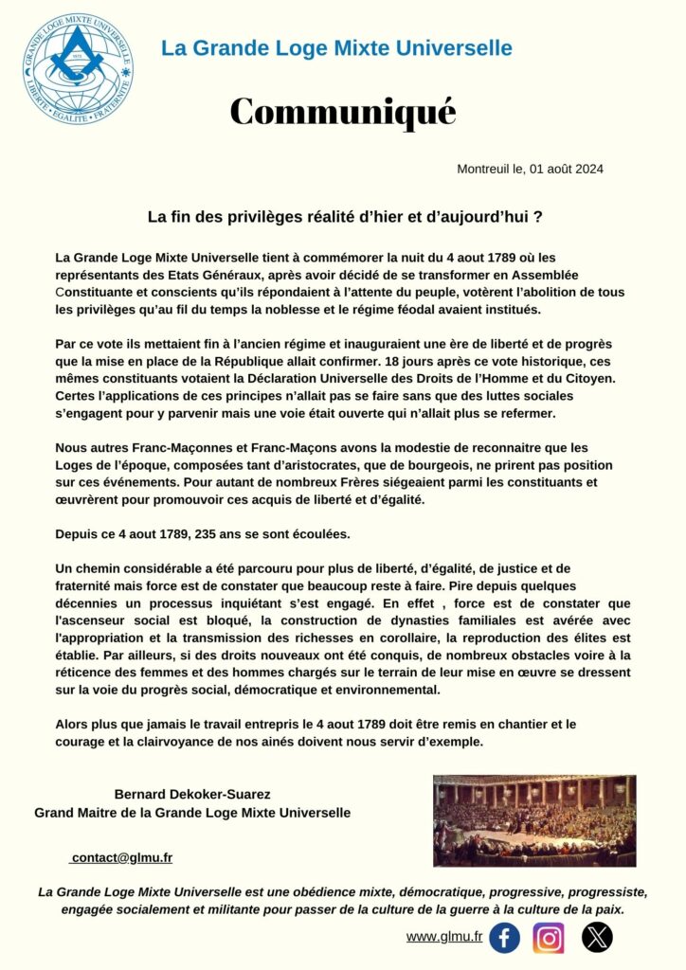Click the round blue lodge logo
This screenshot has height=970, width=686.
point(78,69)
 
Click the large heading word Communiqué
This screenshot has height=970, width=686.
point(343,112)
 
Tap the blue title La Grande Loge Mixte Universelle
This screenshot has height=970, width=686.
point(336,48)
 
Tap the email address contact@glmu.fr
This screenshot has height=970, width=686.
point(121,858)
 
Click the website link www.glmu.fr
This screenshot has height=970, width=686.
point(444,937)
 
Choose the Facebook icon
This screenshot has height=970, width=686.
point(504,938)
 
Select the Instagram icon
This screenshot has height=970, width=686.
point(549,938)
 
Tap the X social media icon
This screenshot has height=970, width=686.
point(597,938)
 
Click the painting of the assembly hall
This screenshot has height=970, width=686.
point(534,820)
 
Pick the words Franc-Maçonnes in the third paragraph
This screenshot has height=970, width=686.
point(164,447)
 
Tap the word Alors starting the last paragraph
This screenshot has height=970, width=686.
point(74,724)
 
